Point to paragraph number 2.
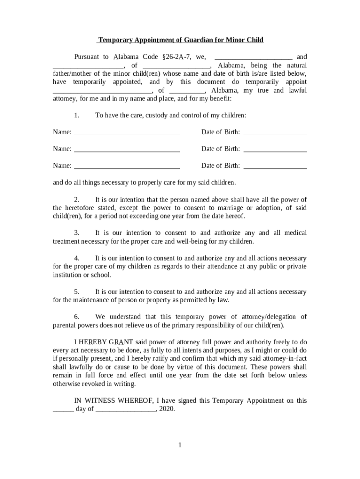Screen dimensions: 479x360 77,199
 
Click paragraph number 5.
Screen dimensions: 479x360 77,292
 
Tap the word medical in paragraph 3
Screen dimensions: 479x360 295,233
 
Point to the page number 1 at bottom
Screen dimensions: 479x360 180,445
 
